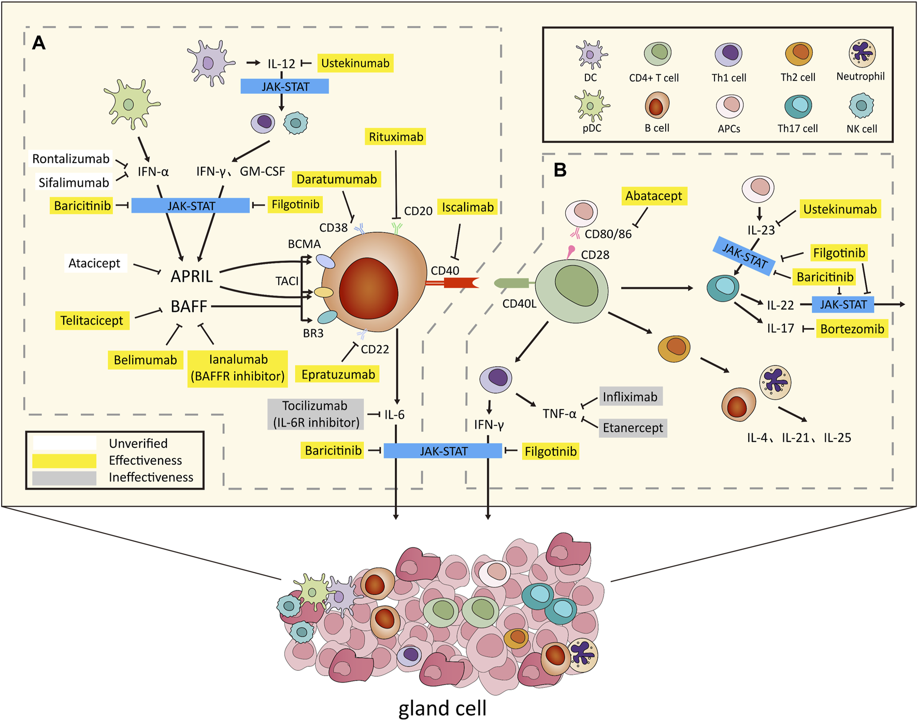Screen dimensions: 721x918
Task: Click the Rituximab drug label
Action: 396,137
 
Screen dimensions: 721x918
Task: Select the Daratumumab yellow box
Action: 337,179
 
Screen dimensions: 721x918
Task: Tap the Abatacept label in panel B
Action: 654,196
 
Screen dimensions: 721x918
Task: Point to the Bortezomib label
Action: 852,329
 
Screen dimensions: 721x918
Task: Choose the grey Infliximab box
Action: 630,397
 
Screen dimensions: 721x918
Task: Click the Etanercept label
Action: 633,428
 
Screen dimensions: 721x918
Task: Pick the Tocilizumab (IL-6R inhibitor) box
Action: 315,414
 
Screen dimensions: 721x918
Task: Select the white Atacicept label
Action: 94,263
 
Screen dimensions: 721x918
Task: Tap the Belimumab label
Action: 145,360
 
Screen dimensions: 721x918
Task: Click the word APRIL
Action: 192,276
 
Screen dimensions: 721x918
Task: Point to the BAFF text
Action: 189,306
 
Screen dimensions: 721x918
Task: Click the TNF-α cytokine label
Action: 559,414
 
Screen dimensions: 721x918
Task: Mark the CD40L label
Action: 519,304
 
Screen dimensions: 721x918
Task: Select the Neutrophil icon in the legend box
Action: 862,53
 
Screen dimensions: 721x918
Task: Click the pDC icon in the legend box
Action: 592,106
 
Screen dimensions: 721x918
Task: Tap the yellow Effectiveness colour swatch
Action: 64,460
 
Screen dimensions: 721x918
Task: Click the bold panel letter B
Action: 560,170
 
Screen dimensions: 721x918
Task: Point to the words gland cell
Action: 442,708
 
